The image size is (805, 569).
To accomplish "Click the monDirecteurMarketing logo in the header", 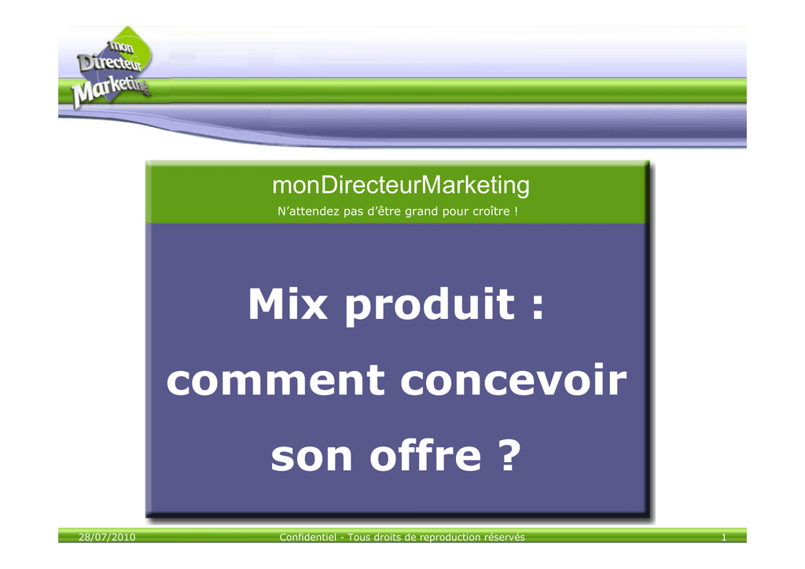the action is pos(112,68).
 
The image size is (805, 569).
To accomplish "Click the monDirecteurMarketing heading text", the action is pos(401,185).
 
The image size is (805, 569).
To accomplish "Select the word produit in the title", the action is pos(430,306).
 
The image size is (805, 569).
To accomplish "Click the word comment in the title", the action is pos(275,380).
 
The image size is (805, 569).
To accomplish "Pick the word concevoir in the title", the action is pos(513,380).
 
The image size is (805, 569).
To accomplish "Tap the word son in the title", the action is pos(311,457).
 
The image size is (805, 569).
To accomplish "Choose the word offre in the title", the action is pos(425,454).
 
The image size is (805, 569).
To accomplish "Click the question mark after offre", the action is pos(509,454).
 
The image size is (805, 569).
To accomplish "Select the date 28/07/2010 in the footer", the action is pos(107,538).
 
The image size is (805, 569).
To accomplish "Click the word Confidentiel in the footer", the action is pos(307,538).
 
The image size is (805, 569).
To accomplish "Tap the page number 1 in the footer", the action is pos(724,538).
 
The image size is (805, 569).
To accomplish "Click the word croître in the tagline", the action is pos(489,211).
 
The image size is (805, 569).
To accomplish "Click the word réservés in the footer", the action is pos(505,538).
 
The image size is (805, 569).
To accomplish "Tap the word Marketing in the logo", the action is pos(111,91).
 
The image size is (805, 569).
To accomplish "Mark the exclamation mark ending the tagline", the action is pos(516,211).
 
